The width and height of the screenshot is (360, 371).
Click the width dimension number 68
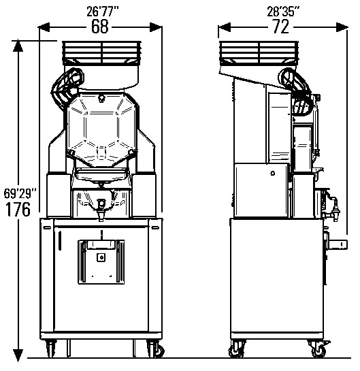pos(100,26)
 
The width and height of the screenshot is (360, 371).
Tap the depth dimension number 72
pos(281,27)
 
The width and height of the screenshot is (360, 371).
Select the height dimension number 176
pos(18,209)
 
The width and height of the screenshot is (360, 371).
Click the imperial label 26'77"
pos(102,12)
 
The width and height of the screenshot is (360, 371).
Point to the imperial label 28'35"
pos(283,12)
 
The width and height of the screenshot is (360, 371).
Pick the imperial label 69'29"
pos(20,193)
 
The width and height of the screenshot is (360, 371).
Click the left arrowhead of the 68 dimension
pos(44,27)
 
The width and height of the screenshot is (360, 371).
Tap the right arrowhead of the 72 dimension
pos(342,27)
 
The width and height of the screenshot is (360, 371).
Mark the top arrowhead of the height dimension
pos(18,46)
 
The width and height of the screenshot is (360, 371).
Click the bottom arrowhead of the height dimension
pos(18,355)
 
